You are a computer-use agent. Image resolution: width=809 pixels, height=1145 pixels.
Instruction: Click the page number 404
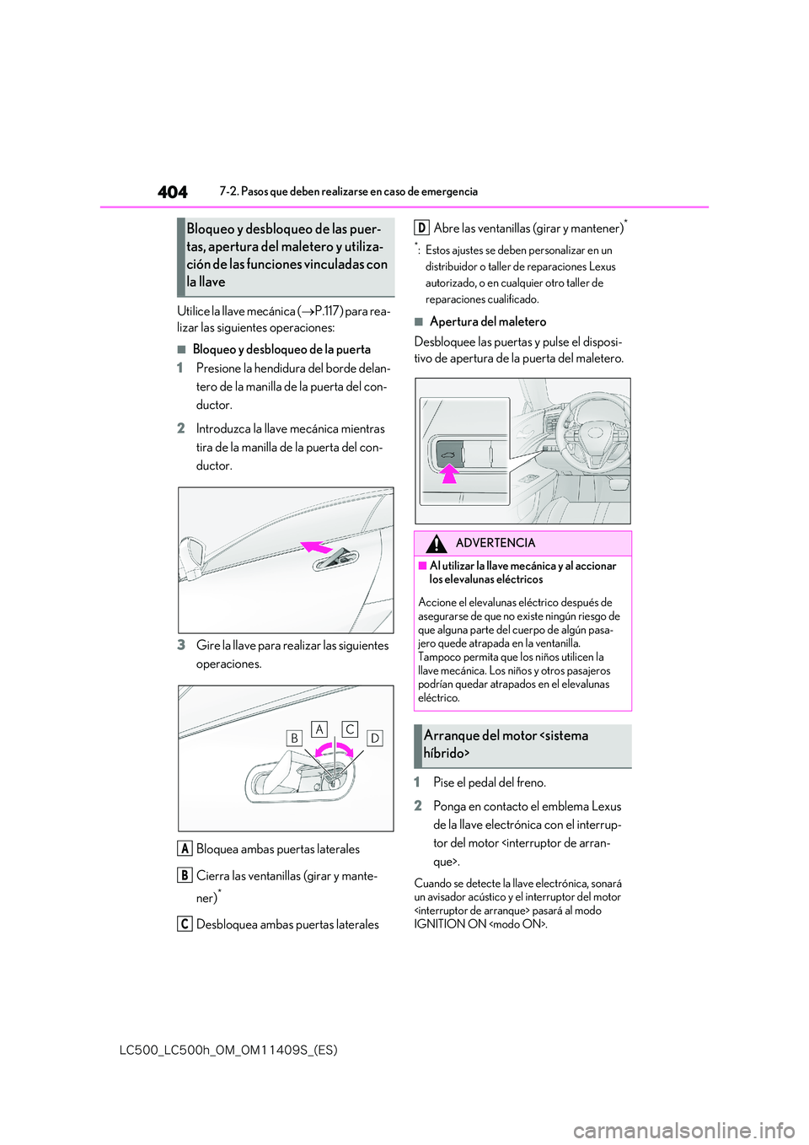coord(173,192)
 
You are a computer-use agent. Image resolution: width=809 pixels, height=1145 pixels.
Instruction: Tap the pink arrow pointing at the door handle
coord(318,546)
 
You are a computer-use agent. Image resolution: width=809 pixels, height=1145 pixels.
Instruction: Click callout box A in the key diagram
coord(319,729)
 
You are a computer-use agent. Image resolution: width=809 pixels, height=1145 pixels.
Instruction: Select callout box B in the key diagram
coord(294,738)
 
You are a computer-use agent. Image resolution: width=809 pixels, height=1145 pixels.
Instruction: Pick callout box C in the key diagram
coord(350,729)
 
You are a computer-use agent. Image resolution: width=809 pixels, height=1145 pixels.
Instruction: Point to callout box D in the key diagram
coord(375,738)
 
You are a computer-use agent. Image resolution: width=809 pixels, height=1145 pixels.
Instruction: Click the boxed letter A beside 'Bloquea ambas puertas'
coord(185,848)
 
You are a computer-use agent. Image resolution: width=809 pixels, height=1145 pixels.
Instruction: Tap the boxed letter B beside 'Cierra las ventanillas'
coord(185,875)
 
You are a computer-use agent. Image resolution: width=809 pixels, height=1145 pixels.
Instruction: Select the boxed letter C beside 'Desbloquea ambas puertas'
coord(185,924)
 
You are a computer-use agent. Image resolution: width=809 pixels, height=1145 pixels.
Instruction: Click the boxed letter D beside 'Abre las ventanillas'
coord(422,228)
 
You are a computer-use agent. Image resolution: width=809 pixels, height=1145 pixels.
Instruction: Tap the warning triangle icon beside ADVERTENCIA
coord(436,544)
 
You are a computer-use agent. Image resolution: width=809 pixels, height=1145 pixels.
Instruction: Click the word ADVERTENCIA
coord(496,543)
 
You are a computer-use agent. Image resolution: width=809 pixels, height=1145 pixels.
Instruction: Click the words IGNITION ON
coord(450,924)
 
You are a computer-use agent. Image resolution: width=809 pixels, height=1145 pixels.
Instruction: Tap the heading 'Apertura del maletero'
coord(488,321)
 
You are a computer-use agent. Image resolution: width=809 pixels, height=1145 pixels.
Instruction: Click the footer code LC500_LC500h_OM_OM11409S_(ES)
coord(228,1050)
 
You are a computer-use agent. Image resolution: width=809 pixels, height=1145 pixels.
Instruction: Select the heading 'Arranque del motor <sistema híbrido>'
coord(506,745)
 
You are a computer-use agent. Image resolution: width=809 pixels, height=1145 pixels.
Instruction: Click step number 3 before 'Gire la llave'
coord(181,645)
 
